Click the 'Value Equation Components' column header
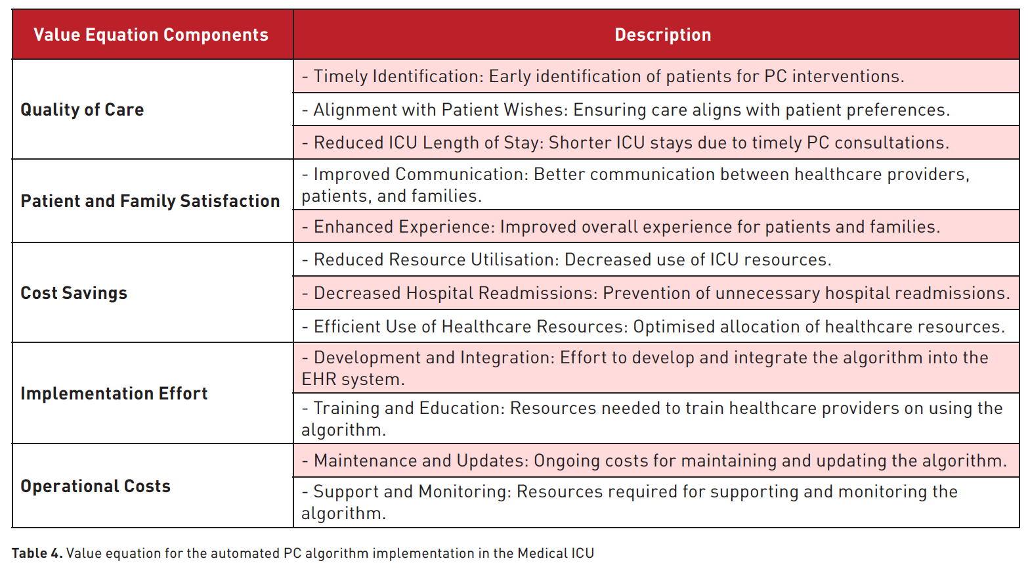tap(151, 35)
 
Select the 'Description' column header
tap(663, 35)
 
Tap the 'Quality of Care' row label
tap(82, 110)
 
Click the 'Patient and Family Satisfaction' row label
tap(150, 201)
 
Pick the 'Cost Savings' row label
tap(74, 293)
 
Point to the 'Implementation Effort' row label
tap(114, 394)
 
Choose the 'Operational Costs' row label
tap(95, 486)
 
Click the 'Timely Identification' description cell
tap(656, 76)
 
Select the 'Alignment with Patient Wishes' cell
tap(656, 109)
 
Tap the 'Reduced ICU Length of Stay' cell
tap(656, 143)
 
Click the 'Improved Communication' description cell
tap(656, 185)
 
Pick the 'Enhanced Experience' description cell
tap(656, 227)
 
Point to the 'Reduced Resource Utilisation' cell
tap(656, 260)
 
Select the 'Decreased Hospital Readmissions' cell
tap(656, 293)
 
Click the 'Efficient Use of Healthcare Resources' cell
tap(656, 326)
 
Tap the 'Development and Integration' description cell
tap(656, 368)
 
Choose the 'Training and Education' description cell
tap(656, 419)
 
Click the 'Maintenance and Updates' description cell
tap(656, 461)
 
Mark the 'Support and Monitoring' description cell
tap(656, 503)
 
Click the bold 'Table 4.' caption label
tap(37, 553)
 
